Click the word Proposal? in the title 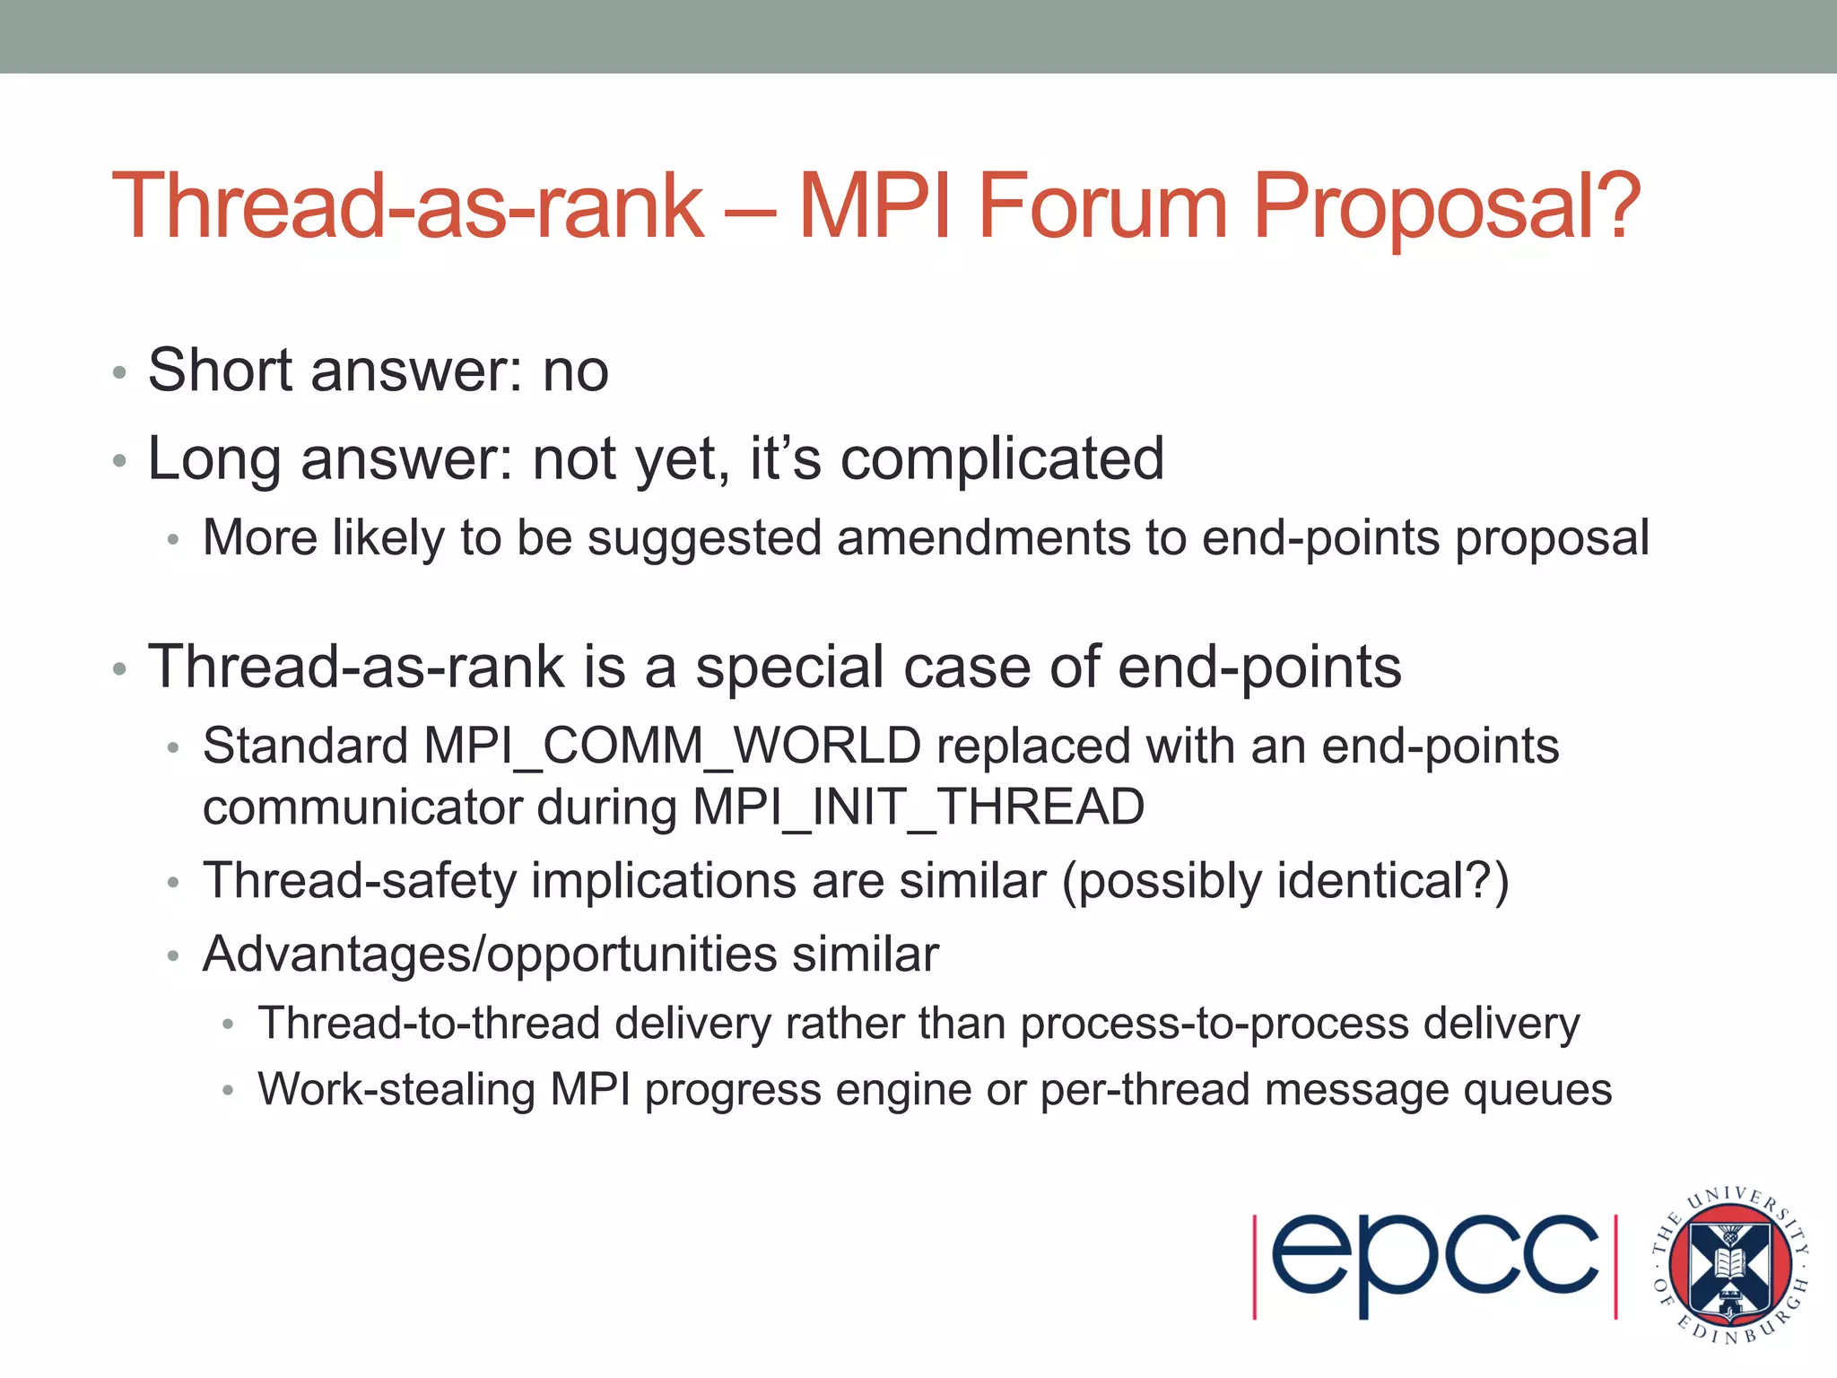click(x=1446, y=208)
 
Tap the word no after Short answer click(x=575, y=371)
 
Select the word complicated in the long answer click(x=1002, y=459)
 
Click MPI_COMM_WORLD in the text click(x=673, y=746)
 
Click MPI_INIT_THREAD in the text click(x=918, y=807)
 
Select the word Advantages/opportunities click(x=490, y=954)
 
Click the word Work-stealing click(x=396, y=1090)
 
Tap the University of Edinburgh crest click(x=1728, y=1265)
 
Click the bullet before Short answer click(x=119, y=373)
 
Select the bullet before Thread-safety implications click(x=174, y=883)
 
